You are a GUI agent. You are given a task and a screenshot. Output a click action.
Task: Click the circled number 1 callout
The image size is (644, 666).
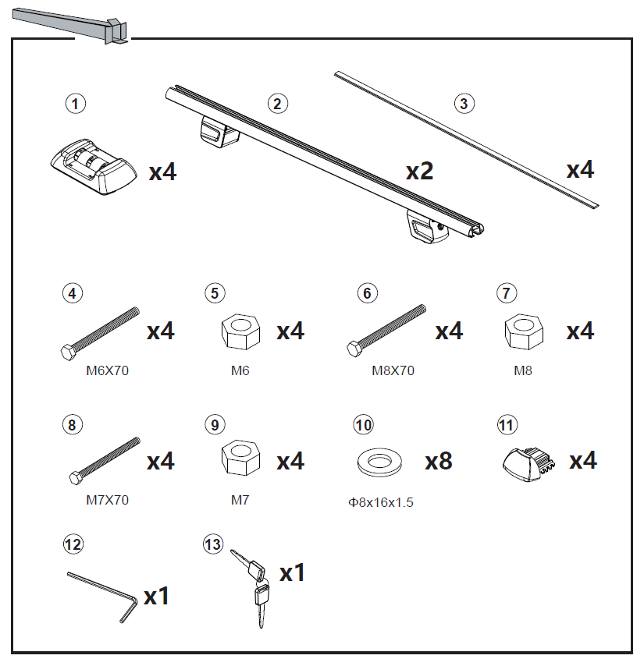point(75,102)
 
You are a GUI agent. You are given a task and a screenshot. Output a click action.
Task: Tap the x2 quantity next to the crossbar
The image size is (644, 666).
point(419,171)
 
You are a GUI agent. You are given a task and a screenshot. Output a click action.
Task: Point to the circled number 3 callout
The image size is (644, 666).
point(464,103)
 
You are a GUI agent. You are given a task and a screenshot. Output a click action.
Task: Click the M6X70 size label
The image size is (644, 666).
point(107,371)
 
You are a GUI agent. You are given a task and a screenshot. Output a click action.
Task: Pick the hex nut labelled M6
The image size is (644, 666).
point(237,333)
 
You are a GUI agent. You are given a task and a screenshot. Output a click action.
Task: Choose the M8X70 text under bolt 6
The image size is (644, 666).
point(393,371)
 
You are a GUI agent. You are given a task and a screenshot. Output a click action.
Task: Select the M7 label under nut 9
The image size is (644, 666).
point(240,500)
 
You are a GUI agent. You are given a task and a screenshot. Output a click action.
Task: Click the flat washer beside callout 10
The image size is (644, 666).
point(376,461)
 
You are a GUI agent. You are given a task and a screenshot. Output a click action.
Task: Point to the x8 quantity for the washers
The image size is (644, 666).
point(439,461)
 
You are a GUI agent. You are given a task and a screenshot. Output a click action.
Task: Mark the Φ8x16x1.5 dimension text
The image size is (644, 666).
point(381,502)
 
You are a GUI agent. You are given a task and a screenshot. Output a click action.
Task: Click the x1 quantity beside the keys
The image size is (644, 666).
point(292,573)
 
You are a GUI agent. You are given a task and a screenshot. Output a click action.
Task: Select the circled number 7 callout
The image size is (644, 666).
point(507,293)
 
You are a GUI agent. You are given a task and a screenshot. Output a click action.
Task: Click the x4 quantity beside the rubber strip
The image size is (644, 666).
point(580,169)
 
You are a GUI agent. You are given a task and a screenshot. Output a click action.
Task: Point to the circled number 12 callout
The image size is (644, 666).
point(73,544)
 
